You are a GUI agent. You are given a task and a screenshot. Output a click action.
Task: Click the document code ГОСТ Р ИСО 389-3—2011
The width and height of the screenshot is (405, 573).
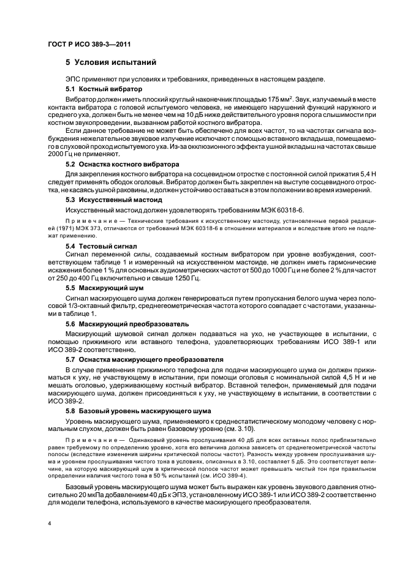coord(89,44)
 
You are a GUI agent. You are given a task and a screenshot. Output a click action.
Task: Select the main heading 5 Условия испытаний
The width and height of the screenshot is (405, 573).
coord(111,63)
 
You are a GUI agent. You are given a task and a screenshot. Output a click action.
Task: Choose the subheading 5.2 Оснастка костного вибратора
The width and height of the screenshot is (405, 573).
coord(122,165)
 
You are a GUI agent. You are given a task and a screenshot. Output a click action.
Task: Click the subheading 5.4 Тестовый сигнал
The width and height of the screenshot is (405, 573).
coord(99,244)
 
